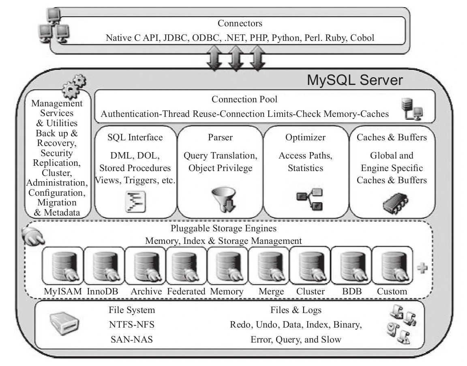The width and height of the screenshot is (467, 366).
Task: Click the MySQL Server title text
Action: (355, 80)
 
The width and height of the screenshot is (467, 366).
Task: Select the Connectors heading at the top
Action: (240, 23)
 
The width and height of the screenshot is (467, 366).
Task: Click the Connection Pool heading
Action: (244, 99)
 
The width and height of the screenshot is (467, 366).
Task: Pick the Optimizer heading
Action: (305, 138)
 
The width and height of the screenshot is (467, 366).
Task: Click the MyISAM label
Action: (62, 292)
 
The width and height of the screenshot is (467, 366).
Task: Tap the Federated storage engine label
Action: (187, 292)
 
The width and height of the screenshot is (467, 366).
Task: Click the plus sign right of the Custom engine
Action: (422, 268)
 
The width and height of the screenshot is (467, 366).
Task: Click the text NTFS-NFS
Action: (131, 325)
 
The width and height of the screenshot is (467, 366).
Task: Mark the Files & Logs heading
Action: (296, 310)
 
